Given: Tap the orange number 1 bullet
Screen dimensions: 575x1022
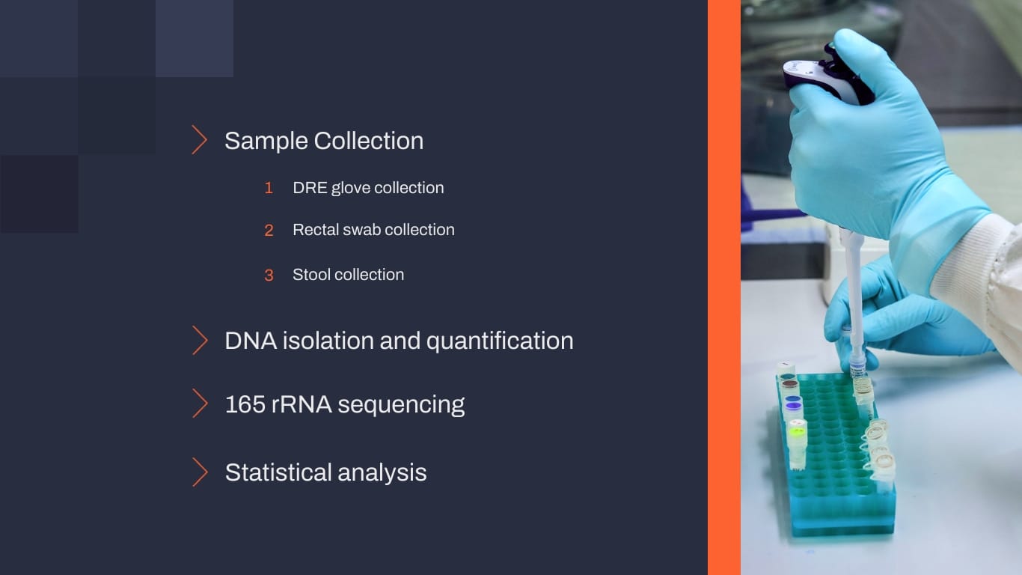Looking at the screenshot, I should click(x=269, y=188).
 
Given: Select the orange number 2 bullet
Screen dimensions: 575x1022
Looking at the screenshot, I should click(x=269, y=231).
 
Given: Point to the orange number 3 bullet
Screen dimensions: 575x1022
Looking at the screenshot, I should click(x=269, y=276).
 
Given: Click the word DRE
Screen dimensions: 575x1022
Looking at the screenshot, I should click(x=309, y=188).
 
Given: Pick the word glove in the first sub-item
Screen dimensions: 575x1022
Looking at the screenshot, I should click(x=350, y=188).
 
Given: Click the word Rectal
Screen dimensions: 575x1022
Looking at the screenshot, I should click(x=315, y=230).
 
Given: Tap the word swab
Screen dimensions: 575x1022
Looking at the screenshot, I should click(x=361, y=230).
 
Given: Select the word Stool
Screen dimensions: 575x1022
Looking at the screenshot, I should click(x=310, y=275).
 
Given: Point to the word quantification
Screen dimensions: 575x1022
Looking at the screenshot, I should click(x=500, y=341).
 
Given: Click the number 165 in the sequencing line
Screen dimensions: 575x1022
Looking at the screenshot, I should click(x=245, y=404).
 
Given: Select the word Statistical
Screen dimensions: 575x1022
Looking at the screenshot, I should click(x=278, y=472).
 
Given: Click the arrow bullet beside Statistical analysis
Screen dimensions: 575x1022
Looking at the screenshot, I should click(x=200, y=472).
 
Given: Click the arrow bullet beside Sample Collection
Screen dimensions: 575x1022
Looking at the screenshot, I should click(x=200, y=140).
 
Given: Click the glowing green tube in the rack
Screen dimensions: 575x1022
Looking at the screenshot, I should click(x=798, y=431).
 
